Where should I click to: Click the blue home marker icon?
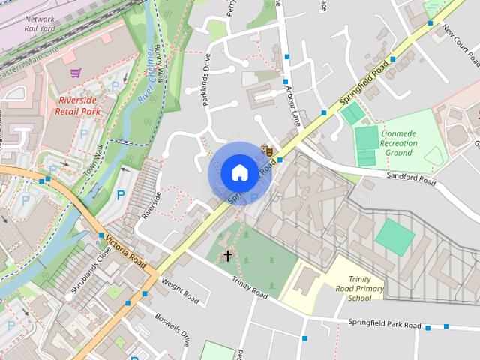238,173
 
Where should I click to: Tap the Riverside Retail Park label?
77,104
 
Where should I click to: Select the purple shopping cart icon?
75,73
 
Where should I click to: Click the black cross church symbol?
228,256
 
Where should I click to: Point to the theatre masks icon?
265,151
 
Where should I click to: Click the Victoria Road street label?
125,252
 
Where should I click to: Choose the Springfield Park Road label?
384,324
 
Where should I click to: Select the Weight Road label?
179,292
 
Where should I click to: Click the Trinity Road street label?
250,288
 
